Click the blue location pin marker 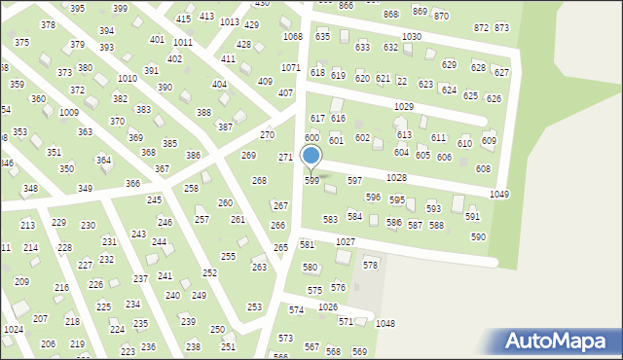click(x=311, y=156)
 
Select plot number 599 click(x=311, y=181)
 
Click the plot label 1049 click(x=499, y=195)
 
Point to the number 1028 click(x=395, y=178)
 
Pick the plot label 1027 click(x=345, y=241)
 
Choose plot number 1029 click(x=404, y=106)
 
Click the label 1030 click(x=411, y=36)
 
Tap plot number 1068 click(x=292, y=36)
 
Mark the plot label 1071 click(x=290, y=67)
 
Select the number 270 click(x=267, y=134)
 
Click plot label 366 click(x=133, y=183)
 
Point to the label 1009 click(x=68, y=113)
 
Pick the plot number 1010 click(x=127, y=78)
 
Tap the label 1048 click(x=385, y=323)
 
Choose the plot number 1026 click(x=327, y=306)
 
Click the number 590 click(x=478, y=236)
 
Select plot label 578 click(x=370, y=265)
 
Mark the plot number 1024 click(x=13, y=330)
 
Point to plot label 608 click(x=483, y=168)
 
